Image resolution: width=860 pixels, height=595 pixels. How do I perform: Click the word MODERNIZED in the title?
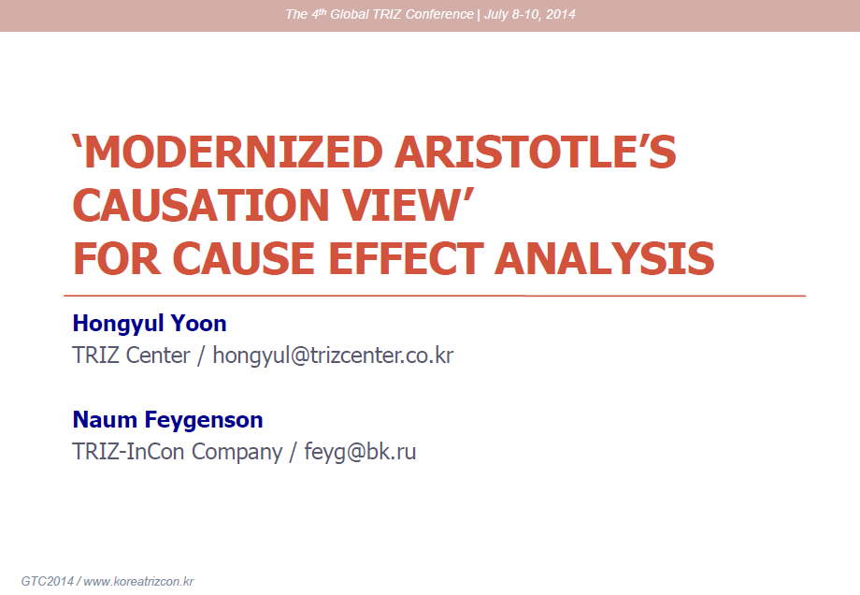(x=233, y=152)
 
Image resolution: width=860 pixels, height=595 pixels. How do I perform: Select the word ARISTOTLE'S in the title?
(x=536, y=152)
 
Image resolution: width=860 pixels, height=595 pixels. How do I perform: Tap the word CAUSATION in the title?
(x=201, y=205)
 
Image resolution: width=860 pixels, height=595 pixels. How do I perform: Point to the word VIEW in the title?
(x=402, y=205)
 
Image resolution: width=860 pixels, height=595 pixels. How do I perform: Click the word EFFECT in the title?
(x=406, y=258)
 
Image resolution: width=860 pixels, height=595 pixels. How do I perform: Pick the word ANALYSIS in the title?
(x=605, y=258)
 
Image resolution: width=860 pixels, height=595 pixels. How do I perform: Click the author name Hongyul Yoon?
(x=150, y=324)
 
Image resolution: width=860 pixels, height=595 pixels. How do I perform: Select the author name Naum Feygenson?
(x=168, y=420)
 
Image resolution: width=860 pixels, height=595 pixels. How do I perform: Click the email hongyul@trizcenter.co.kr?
(x=333, y=356)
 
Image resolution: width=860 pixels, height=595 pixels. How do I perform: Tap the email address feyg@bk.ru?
(x=360, y=452)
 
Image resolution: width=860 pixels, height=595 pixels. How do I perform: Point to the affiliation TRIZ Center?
(x=131, y=356)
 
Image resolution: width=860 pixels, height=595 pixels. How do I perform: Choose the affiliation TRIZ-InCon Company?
(x=178, y=452)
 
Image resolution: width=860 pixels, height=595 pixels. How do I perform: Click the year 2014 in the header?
(x=561, y=14)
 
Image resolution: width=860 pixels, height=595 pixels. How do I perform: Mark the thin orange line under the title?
(x=435, y=296)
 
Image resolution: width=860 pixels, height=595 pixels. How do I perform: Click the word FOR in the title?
(x=117, y=258)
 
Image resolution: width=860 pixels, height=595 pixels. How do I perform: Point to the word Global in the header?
(x=349, y=14)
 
